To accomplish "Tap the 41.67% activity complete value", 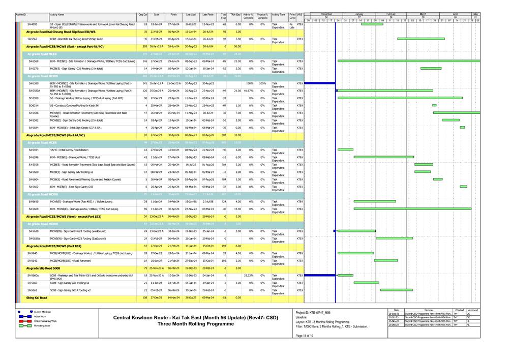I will (249, 91).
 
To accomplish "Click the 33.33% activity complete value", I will (249, 275).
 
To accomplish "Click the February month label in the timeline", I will (391, 14).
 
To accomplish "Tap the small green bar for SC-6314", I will (434, 105).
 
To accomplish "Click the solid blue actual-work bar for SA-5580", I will (319, 83).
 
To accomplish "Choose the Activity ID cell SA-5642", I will (33, 260).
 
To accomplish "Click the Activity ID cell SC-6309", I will (33, 98).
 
